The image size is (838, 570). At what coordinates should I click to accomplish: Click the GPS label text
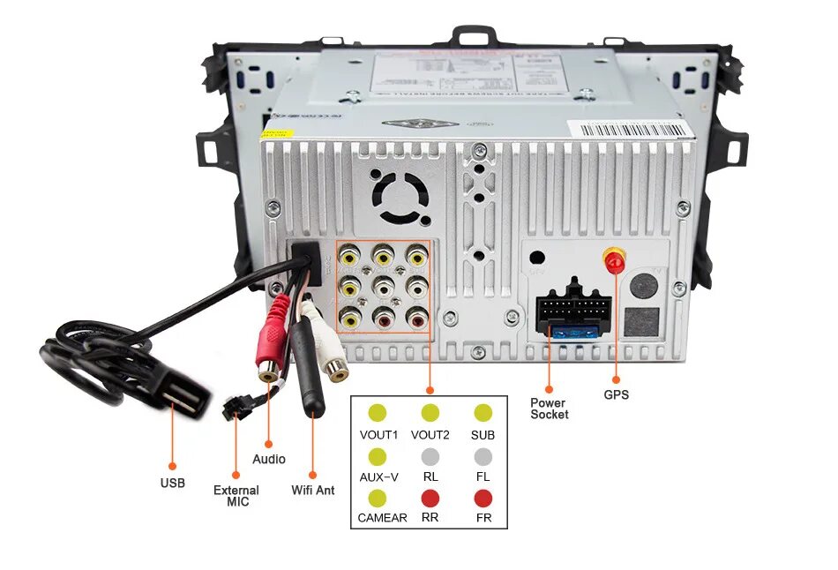point(616,394)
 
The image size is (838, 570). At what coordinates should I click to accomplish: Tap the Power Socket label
point(549,409)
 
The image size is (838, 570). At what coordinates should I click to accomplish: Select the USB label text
point(172,483)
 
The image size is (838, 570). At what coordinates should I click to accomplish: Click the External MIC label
point(236,495)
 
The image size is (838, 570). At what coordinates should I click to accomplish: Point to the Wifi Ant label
point(312,490)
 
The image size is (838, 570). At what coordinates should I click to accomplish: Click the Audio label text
point(269,459)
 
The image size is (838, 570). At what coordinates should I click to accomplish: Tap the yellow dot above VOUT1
point(378,413)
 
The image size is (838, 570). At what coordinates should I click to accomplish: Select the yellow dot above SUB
point(483,413)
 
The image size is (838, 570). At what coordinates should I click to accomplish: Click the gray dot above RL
point(430,456)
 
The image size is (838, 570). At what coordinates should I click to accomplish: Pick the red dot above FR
point(483,498)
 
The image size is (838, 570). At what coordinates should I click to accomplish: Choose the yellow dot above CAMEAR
point(378,498)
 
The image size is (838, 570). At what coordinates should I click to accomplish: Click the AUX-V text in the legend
point(378,476)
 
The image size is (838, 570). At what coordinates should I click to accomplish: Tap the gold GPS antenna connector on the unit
point(614,261)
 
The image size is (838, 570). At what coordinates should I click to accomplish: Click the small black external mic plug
point(233,409)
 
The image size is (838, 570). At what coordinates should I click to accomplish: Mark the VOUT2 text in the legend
point(430,435)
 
